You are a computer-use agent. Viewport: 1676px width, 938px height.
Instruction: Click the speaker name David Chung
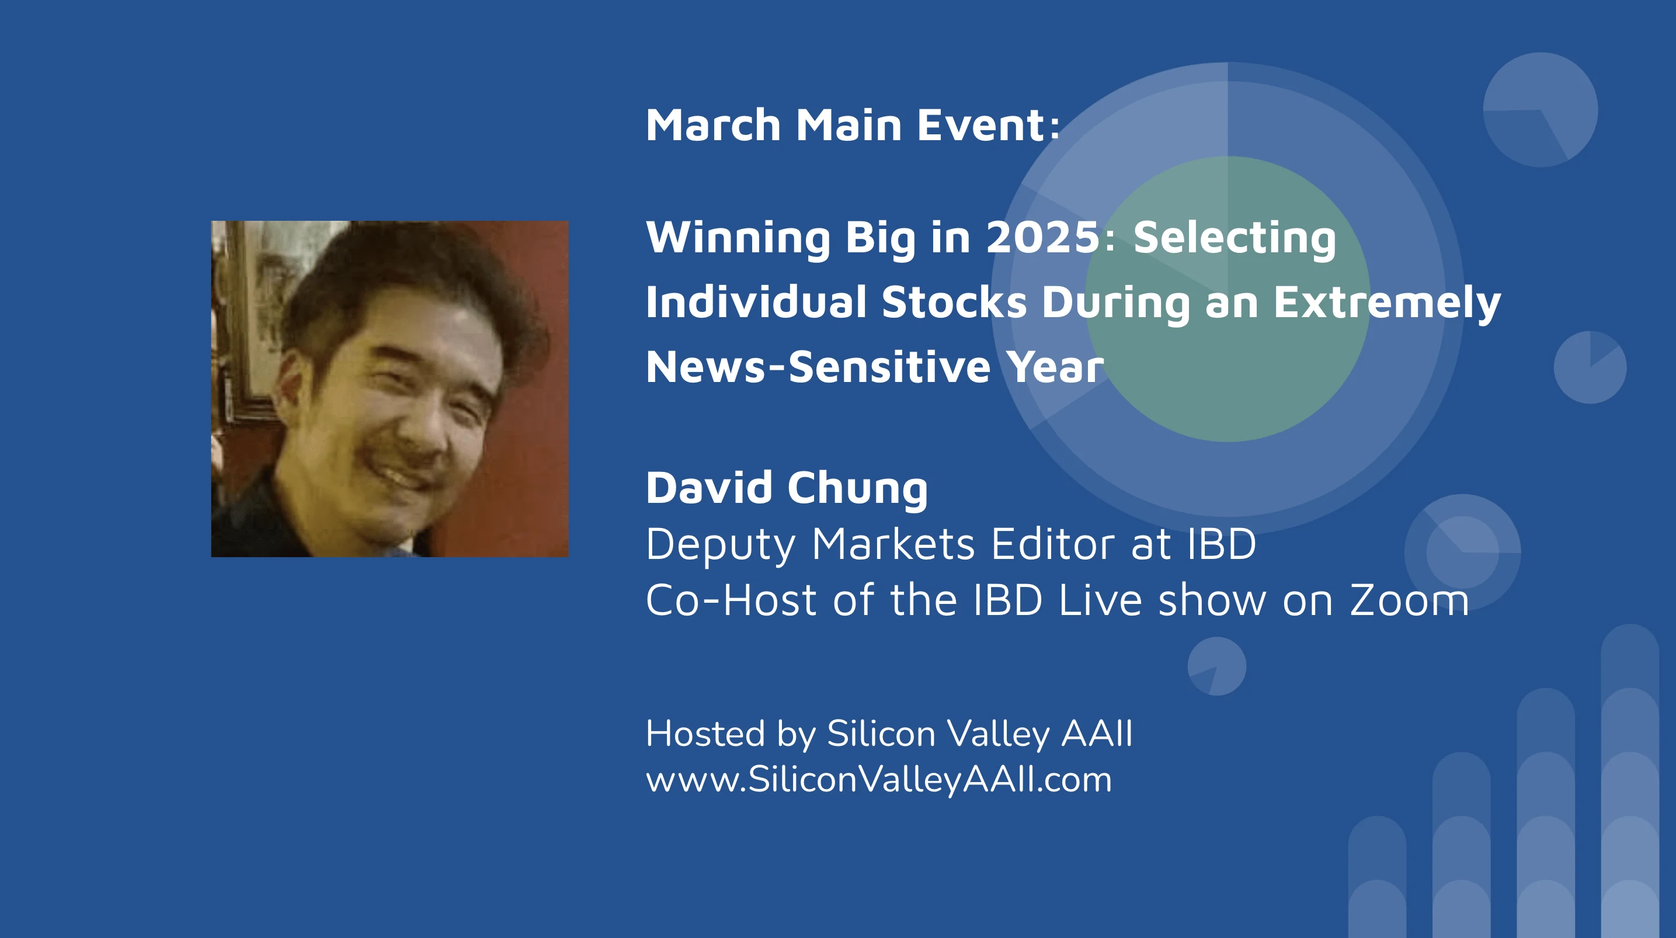[x=787, y=488]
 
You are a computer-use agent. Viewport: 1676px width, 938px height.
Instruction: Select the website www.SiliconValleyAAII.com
[x=879, y=780]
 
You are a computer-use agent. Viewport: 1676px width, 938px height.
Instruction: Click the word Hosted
[x=705, y=734]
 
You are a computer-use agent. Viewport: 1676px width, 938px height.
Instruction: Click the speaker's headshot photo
[x=390, y=388]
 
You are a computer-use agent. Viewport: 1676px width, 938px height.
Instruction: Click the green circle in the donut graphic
[x=1228, y=299]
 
